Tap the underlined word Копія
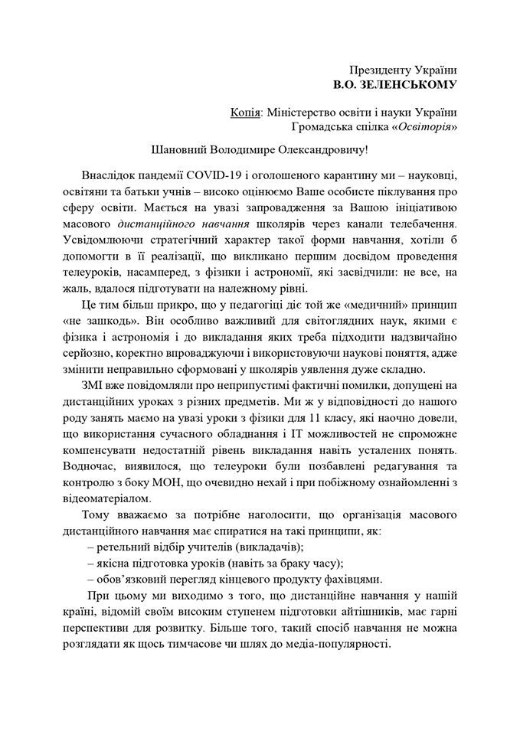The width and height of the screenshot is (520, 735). (244, 113)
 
